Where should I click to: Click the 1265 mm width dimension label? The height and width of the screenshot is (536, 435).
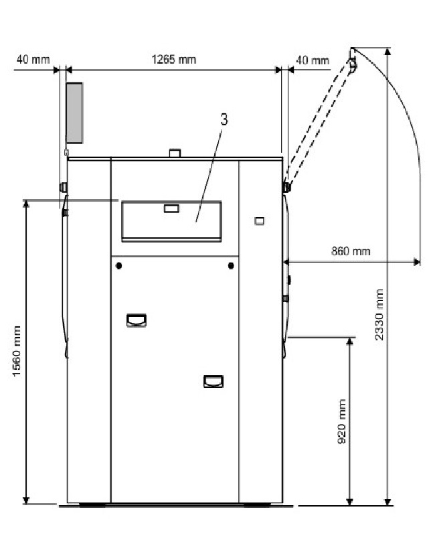[x=174, y=60]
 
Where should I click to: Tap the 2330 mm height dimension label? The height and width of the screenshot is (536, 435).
[x=379, y=314]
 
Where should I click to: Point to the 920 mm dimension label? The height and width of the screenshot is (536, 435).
[x=341, y=421]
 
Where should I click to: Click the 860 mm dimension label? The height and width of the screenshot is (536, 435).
[x=351, y=251]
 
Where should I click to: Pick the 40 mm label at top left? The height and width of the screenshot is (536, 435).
[x=33, y=60]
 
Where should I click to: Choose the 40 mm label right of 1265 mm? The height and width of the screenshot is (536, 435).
[x=313, y=60]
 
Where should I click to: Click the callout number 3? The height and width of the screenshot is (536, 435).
[x=224, y=120]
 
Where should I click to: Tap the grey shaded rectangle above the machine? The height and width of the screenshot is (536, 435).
[x=74, y=113]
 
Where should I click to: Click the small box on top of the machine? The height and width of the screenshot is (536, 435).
[x=175, y=153]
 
